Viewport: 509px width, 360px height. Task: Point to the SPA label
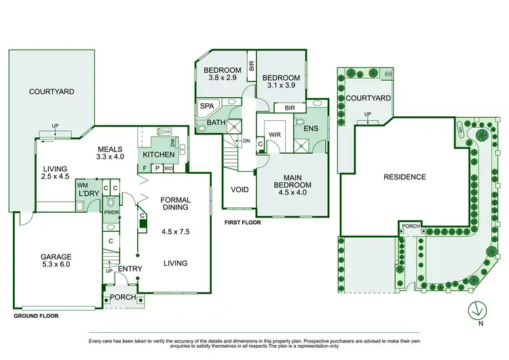(x=206, y=107)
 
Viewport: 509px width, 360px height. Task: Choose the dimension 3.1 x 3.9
(x=280, y=86)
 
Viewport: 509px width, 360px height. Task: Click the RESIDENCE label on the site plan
(x=404, y=177)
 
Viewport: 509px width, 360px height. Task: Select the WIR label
(x=275, y=135)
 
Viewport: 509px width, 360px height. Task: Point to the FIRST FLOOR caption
(x=243, y=222)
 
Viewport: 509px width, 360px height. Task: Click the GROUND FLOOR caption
(x=36, y=316)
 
